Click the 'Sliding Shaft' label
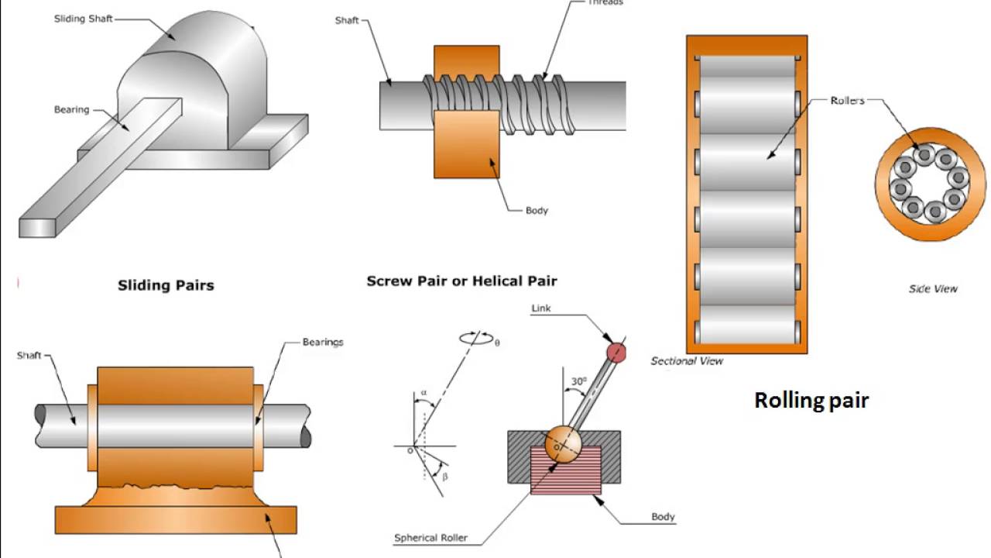pyautogui.click(x=83, y=19)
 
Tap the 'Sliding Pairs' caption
pyautogui.click(x=166, y=285)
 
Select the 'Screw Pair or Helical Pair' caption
pyautogui.click(x=461, y=281)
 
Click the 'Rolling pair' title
pyautogui.click(x=811, y=400)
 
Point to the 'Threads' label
pyautogui.click(x=605, y=3)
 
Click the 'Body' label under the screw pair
pyautogui.click(x=537, y=210)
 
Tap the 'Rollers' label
pyautogui.click(x=847, y=100)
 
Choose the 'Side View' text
pyautogui.click(x=933, y=288)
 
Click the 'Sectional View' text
pyautogui.click(x=687, y=360)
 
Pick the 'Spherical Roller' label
pyautogui.click(x=430, y=538)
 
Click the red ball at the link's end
pyautogui.click(x=616, y=353)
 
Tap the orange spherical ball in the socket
pyautogui.click(x=562, y=443)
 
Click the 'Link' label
pyautogui.click(x=541, y=308)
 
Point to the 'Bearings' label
pyautogui.click(x=323, y=342)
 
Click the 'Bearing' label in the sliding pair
pyautogui.click(x=71, y=110)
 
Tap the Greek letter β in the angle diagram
pyautogui.click(x=444, y=476)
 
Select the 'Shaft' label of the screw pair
pyautogui.click(x=347, y=20)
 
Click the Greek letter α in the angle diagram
pyautogui.click(x=423, y=393)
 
